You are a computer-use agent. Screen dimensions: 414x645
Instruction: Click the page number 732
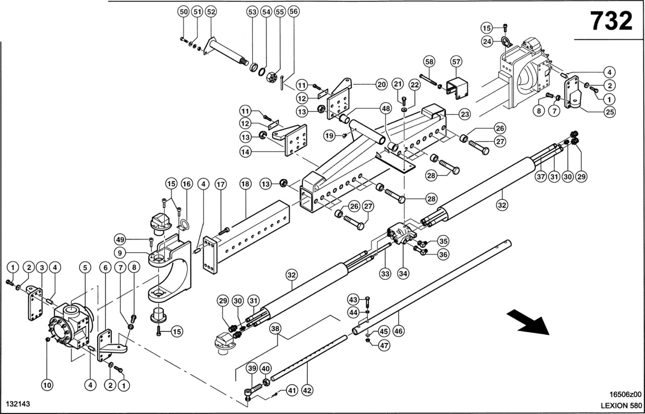click(611, 21)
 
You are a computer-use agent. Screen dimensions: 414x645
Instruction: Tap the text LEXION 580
click(620, 405)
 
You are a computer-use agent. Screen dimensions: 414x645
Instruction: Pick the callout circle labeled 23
click(465, 114)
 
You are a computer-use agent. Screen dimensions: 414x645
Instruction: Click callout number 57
click(456, 62)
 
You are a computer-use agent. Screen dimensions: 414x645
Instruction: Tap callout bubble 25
click(610, 112)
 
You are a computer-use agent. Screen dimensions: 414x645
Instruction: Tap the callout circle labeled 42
click(307, 390)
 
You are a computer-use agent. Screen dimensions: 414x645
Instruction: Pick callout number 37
click(541, 176)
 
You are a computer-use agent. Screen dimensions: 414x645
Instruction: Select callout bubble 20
click(380, 85)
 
